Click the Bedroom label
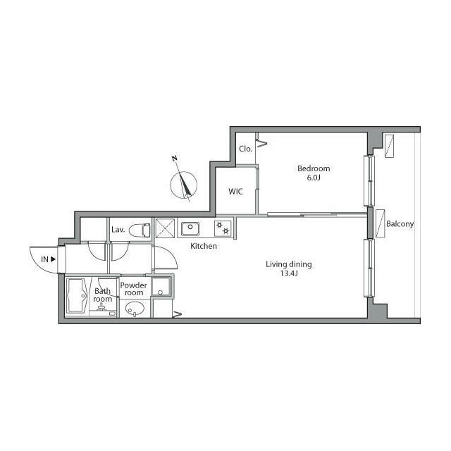(314, 168)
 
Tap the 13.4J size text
(289, 273)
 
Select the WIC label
(235, 191)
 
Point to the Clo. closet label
(246, 149)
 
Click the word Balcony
(400, 224)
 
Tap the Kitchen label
(204, 246)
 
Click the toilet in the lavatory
(140, 230)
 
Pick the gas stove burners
(223, 228)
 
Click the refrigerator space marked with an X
(165, 228)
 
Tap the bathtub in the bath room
(77, 296)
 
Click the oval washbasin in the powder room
(135, 309)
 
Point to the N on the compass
(174, 159)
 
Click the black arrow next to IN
(53, 259)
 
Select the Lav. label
(118, 230)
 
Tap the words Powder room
(133, 289)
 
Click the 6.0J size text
(314, 178)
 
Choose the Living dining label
(289, 264)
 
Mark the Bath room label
(103, 295)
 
